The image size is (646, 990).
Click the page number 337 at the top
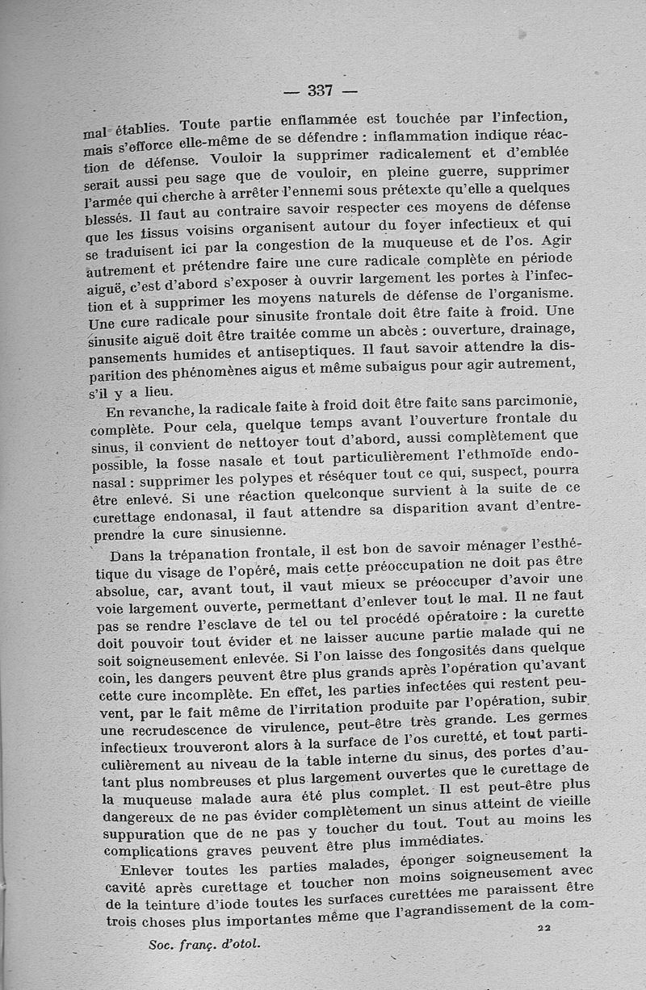point(321,90)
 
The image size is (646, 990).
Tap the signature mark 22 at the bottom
point(543,929)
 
